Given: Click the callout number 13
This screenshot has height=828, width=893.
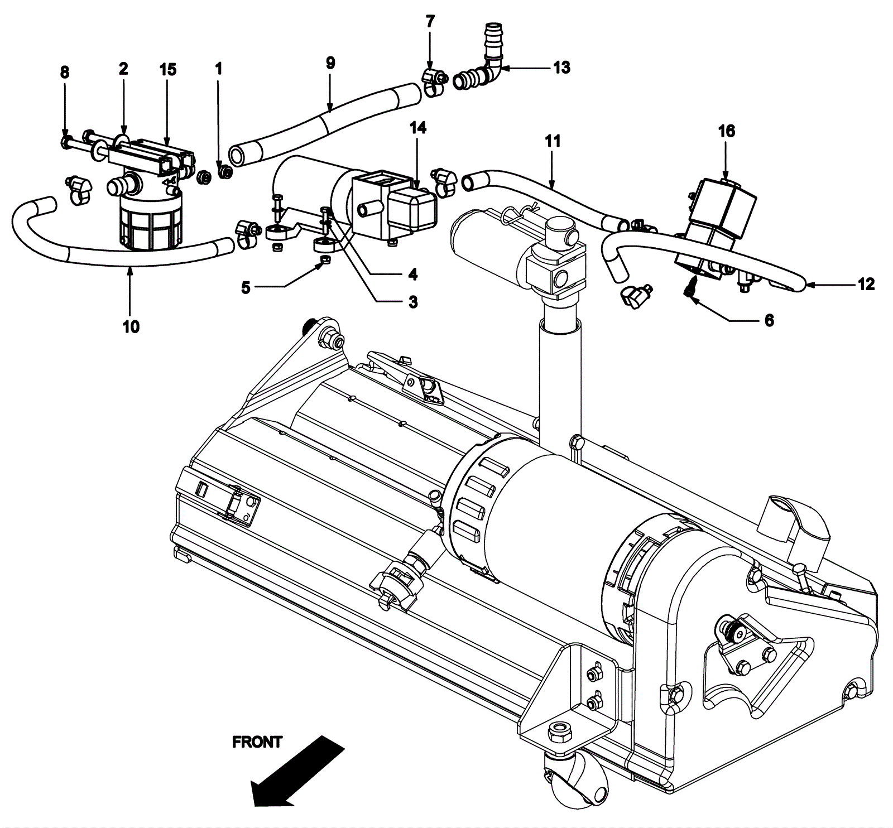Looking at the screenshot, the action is [x=561, y=68].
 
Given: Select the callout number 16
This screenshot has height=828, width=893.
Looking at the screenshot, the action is [x=727, y=131].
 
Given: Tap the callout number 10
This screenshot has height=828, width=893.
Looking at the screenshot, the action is [x=131, y=326].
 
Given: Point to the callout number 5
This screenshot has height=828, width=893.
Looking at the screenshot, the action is [x=246, y=288].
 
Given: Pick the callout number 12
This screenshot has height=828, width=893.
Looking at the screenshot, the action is [x=866, y=284].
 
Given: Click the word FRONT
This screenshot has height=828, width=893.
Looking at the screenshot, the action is [x=257, y=742].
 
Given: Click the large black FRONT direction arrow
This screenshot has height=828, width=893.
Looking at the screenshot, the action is [x=297, y=769].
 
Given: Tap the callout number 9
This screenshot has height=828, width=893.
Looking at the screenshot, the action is [x=330, y=62].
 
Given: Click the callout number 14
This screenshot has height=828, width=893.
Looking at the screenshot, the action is [x=418, y=128].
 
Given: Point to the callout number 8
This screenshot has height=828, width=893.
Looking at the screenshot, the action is [x=65, y=72].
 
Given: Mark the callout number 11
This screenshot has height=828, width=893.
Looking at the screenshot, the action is [x=553, y=141].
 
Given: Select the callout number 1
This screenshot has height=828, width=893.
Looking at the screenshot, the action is [x=219, y=69].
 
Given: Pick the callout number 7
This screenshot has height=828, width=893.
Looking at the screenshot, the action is [x=430, y=22].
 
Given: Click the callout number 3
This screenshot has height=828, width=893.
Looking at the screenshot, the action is [x=412, y=302].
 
